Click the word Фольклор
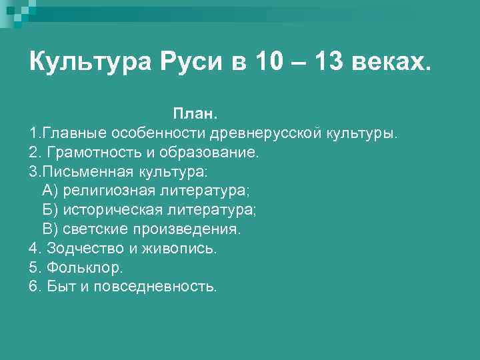click(x=85, y=268)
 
